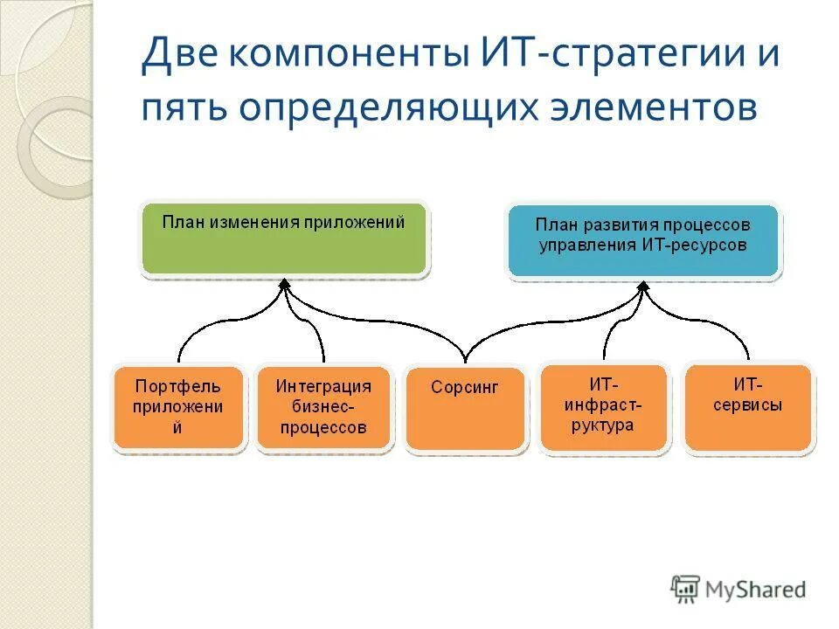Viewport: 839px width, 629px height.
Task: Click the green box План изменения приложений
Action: pyautogui.click(x=284, y=238)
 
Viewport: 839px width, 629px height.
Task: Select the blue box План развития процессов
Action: pyautogui.click(x=643, y=241)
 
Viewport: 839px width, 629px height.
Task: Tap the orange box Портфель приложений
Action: pyautogui.click(x=178, y=409)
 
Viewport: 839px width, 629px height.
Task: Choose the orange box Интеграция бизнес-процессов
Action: pyautogui.click(x=323, y=409)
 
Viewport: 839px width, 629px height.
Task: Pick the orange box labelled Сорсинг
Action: pyautogui.click(x=466, y=409)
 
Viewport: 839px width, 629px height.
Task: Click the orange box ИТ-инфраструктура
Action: pyautogui.click(x=604, y=409)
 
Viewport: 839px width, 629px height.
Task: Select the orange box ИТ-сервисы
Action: pyautogui.click(x=748, y=407)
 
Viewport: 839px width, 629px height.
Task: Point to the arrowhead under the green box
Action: pyautogui.click(x=284, y=285)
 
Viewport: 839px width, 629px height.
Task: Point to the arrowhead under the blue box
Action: pyautogui.click(x=643, y=287)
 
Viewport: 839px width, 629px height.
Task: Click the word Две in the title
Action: pyautogui.click(x=178, y=58)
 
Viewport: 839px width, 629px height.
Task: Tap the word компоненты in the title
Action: pyautogui.click(x=350, y=58)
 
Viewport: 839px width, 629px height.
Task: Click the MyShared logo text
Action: pyautogui.click(x=756, y=590)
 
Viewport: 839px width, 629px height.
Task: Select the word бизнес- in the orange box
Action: pyautogui.click(x=323, y=407)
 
